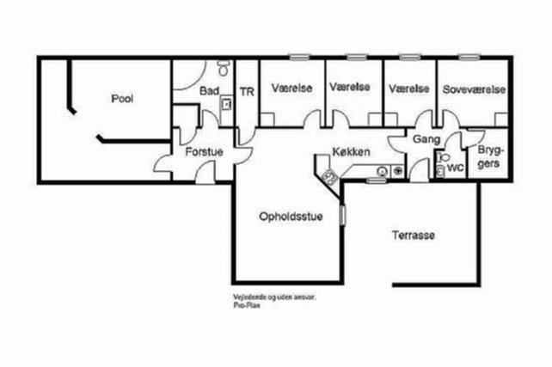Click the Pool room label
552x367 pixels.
point(122,99)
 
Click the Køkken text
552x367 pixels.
point(351,152)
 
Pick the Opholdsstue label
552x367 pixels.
point(291,217)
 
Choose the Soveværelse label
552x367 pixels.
point(474,89)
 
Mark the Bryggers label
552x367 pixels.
point(487,156)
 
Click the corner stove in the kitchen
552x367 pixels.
point(329,177)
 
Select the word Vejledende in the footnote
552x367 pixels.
point(248,297)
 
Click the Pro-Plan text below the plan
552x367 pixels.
point(245,304)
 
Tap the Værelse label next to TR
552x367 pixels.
point(291,88)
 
